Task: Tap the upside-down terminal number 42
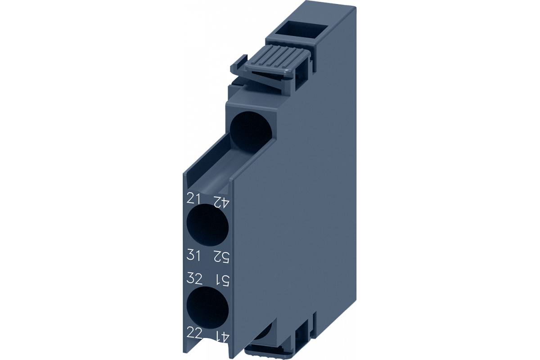220,202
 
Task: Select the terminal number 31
193,255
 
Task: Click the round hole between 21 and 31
207,225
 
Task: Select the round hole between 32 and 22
207,309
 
